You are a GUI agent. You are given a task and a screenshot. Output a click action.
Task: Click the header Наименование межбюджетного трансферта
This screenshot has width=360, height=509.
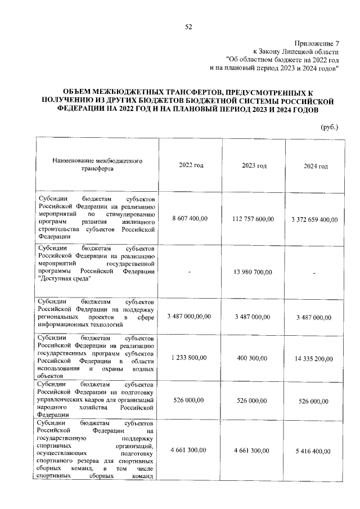tap(97, 164)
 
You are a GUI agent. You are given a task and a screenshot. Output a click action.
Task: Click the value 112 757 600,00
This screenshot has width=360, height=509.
tap(254, 218)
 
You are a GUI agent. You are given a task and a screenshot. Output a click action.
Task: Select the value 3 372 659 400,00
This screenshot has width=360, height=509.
tap(314, 219)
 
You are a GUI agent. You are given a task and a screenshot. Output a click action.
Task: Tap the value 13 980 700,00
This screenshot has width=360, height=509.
tap(254, 272)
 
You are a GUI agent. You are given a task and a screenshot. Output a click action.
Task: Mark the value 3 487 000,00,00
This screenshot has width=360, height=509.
tap(190, 317)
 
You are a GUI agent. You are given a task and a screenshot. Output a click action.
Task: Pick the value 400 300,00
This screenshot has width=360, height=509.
tap(254, 357)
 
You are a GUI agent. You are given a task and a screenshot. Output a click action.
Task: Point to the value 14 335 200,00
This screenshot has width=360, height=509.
tap(314, 358)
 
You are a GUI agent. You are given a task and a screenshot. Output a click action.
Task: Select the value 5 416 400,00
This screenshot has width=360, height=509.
tap(314, 451)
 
